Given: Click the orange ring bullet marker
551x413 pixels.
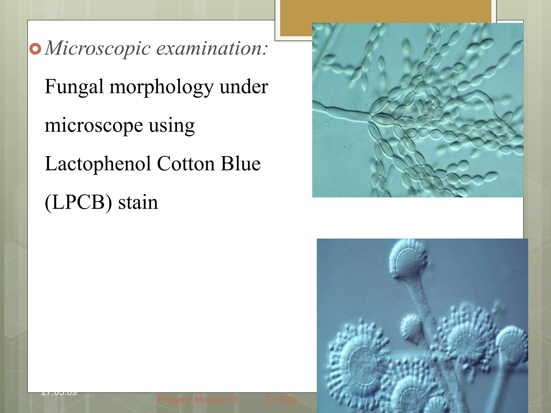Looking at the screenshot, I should pos(35,49).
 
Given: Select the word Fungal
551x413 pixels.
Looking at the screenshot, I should pos(74,87).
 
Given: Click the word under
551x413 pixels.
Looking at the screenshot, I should pos(244,87).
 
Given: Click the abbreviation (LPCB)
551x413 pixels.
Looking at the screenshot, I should pos(78,202).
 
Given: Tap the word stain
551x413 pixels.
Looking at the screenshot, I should pos(138,202).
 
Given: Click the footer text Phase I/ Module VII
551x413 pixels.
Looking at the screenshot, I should pos(198,400).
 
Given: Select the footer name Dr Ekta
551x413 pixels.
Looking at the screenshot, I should pos(282,400).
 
